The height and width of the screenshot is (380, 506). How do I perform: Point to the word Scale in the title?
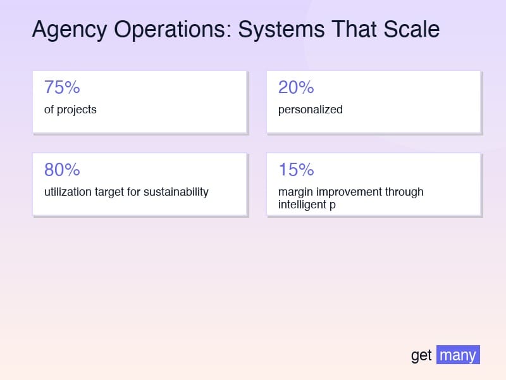coord(412,30)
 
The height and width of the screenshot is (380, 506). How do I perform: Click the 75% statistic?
coord(62,87)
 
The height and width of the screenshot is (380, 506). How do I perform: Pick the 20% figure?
coord(296,87)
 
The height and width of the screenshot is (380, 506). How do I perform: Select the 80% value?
coord(62,170)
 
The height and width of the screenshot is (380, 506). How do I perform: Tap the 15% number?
coord(296,170)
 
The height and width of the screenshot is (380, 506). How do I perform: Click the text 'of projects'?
coord(70,110)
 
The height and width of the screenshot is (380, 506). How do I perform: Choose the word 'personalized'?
coord(311,110)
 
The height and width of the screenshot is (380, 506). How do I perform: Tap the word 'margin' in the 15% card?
coord(295,192)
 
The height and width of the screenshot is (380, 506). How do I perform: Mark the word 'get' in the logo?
coord(421,355)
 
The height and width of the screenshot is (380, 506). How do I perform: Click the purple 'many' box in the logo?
coord(458,355)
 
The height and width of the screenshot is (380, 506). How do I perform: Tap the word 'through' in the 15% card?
coord(404,192)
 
